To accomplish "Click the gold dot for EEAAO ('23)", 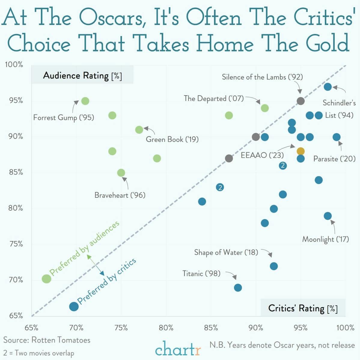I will (x=301, y=151).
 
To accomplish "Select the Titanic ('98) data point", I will (x=238, y=288).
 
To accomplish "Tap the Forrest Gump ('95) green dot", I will (x=85, y=101).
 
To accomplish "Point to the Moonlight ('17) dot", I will (x=328, y=216).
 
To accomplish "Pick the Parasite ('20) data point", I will (x=337, y=137).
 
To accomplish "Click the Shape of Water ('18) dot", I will (x=274, y=266).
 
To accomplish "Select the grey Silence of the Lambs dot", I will (x=301, y=101).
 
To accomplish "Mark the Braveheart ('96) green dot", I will (x=121, y=173).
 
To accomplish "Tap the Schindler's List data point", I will (x=328, y=87).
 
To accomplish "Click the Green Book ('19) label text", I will (x=172, y=139).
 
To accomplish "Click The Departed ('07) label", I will (x=214, y=99).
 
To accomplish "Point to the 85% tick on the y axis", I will (x=15, y=172).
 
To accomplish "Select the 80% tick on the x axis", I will (x=166, y=328).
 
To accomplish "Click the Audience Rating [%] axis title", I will (x=82, y=75).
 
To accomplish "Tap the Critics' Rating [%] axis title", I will (x=303, y=308).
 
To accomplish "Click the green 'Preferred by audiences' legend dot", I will (x=47, y=279).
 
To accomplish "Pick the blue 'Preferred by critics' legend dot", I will (x=74, y=307).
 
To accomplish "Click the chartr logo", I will (x=178, y=349).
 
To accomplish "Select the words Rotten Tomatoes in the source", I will (x=61, y=340).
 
